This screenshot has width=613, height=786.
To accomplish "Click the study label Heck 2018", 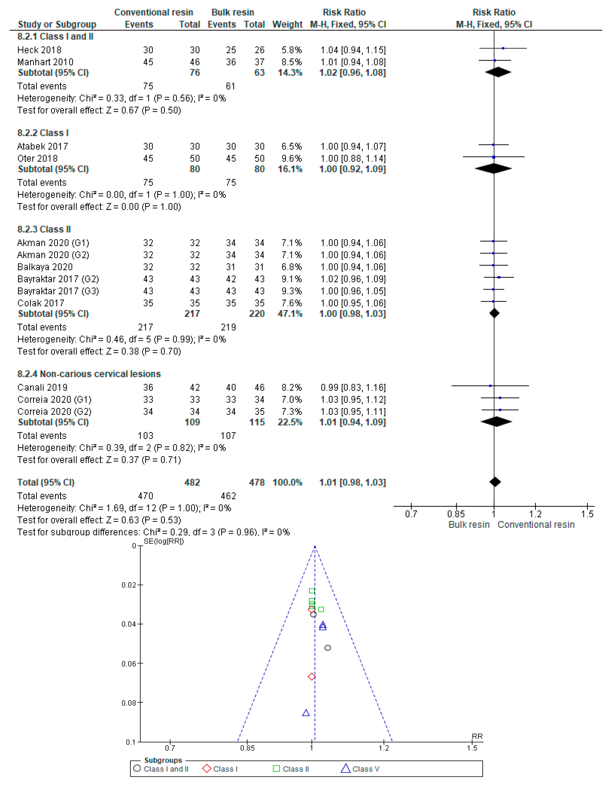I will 39,50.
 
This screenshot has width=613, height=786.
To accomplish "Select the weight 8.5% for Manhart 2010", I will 292,62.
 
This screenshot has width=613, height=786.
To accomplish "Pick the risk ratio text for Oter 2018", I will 353,159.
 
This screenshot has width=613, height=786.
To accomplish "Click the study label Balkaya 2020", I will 45,267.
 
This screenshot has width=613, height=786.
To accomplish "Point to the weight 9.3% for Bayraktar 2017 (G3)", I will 292,291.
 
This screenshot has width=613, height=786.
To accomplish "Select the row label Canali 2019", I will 43,388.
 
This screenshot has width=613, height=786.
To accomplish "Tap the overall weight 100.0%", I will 287,483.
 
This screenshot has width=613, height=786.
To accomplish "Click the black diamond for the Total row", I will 495,482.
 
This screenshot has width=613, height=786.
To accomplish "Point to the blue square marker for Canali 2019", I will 490,386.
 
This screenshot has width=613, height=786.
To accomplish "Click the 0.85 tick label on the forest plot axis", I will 456,514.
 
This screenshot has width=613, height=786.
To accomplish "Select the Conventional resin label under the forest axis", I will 536,525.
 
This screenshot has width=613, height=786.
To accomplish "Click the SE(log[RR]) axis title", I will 164,541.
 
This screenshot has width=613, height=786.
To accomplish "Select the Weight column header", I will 287,24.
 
